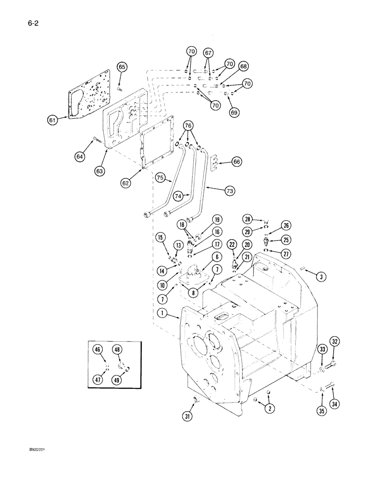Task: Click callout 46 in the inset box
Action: [x=98, y=348]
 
